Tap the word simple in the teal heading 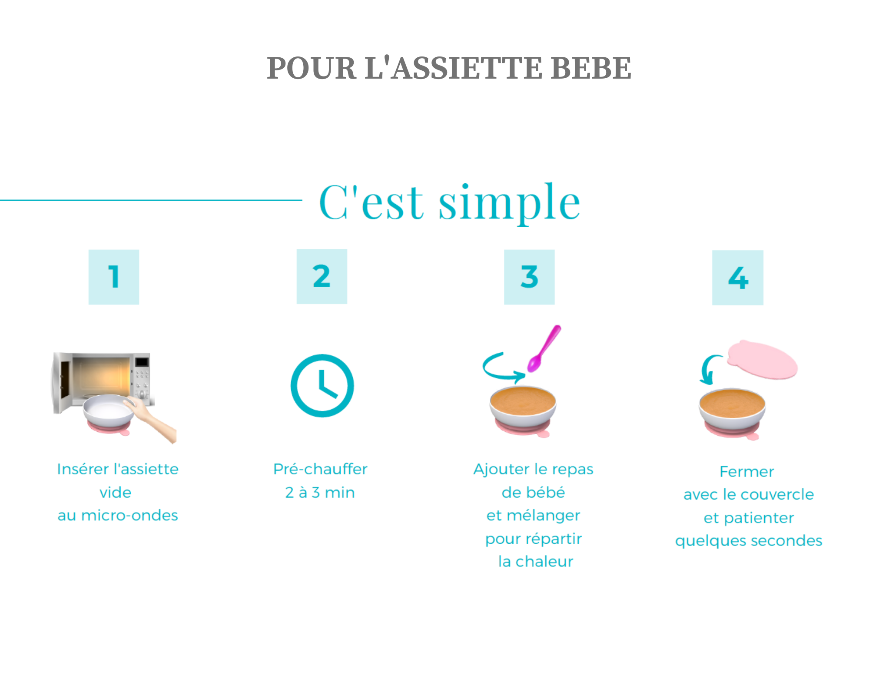click(x=509, y=202)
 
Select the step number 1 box click(x=114, y=277)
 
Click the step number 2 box click(x=322, y=276)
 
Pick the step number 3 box click(x=529, y=277)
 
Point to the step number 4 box click(x=737, y=278)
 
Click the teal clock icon click(x=322, y=386)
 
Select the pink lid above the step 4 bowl click(x=763, y=360)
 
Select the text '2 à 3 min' click(x=320, y=493)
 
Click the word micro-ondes click(x=129, y=516)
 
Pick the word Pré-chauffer click(x=320, y=469)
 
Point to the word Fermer click(x=746, y=472)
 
